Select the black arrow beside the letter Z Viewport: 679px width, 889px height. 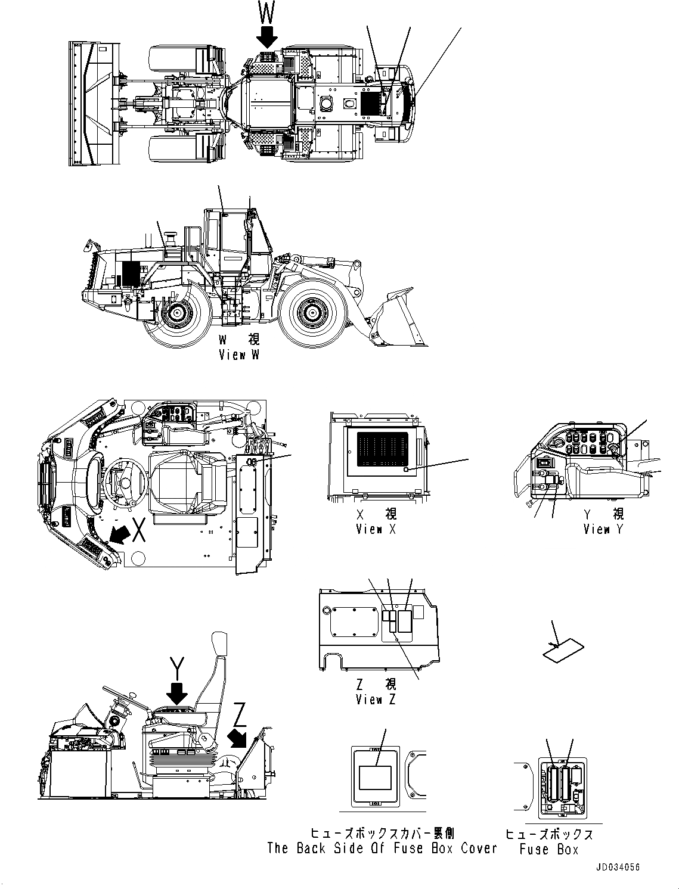pos(240,737)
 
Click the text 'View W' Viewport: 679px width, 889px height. pos(238,355)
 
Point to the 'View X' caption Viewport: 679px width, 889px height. pos(375,529)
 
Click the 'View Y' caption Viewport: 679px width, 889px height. pos(603,529)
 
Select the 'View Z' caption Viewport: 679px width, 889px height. pos(375,700)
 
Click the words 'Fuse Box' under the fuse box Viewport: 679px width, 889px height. pos(548,849)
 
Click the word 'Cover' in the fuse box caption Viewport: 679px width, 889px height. pos(478,848)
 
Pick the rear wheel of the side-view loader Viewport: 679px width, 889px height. pos(176,313)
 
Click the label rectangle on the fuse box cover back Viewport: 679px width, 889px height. pos(374,778)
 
